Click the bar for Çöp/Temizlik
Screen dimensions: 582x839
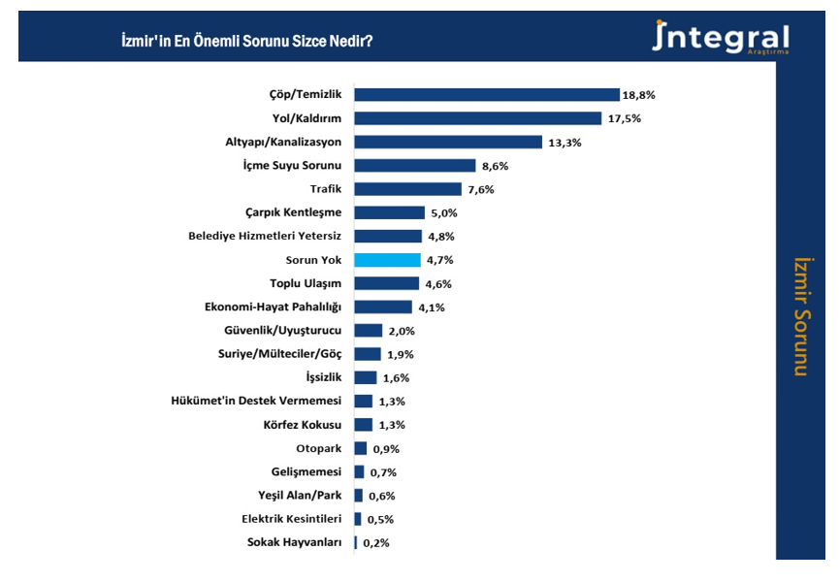[x=486, y=94]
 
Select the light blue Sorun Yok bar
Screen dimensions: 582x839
[x=387, y=260]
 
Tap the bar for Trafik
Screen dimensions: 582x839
[x=407, y=189]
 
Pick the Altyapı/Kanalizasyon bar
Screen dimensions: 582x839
[x=447, y=142]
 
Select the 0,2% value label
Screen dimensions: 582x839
[x=375, y=543]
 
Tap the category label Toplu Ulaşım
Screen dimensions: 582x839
[x=306, y=283]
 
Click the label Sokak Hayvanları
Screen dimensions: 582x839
[x=295, y=542]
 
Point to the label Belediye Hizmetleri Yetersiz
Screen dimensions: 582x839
[x=265, y=236]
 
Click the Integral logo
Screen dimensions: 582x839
[x=721, y=39]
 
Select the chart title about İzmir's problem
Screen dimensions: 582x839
[x=246, y=42]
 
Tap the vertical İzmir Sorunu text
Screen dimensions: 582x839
[x=800, y=315]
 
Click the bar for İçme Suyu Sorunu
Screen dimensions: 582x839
[x=414, y=166]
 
